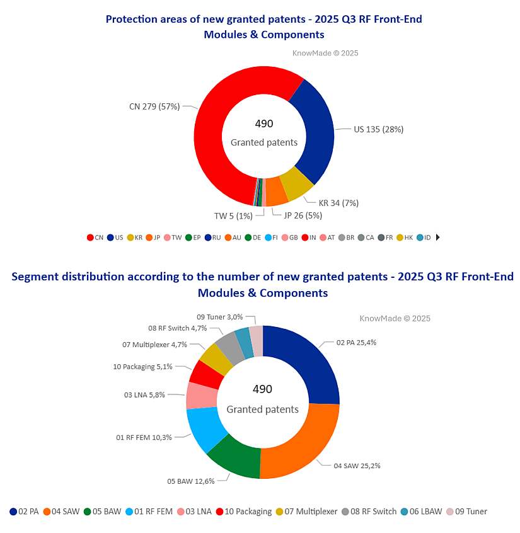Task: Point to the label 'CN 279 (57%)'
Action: tap(154, 106)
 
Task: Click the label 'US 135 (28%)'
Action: tap(378, 129)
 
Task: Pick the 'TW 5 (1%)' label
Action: tap(233, 216)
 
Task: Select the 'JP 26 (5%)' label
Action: tap(303, 215)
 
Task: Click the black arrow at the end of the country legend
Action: tap(437, 238)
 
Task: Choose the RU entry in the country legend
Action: tap(212, 238)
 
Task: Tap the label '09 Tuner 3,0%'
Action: tap(220, 317)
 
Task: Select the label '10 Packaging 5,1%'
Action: tap(142, 366)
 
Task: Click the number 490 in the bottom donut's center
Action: tap(262, 389)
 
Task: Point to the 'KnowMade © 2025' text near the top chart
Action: tap(325, 54)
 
